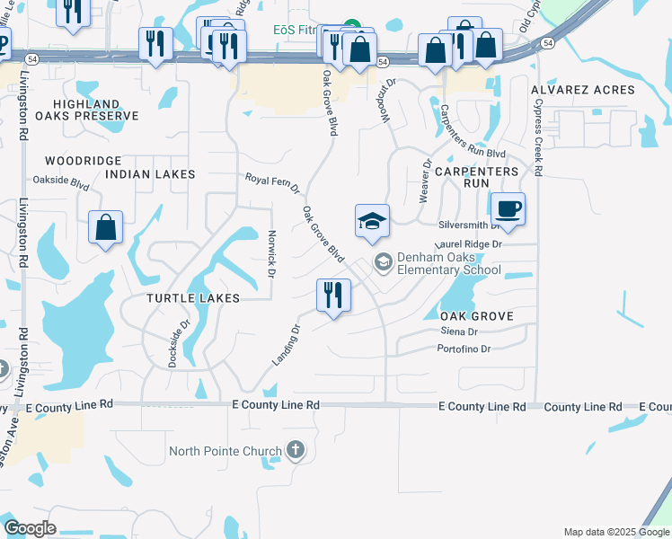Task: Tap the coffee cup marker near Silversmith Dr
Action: pos(508,209)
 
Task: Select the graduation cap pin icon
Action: pos(372,221)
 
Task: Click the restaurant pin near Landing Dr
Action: pos(333,295)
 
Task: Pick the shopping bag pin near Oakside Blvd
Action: pos(106,227)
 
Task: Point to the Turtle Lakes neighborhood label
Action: pos(195,297)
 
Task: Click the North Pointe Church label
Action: pos(225,450)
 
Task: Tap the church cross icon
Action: pos(296,450)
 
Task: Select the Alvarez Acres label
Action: pos(582,90)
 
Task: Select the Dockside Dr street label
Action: pos(179,344)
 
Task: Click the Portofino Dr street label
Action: pos(465,349)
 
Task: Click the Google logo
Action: pos(31,528)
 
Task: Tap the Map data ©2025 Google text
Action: pos(615,532)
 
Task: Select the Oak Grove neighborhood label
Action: pos(476,316)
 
